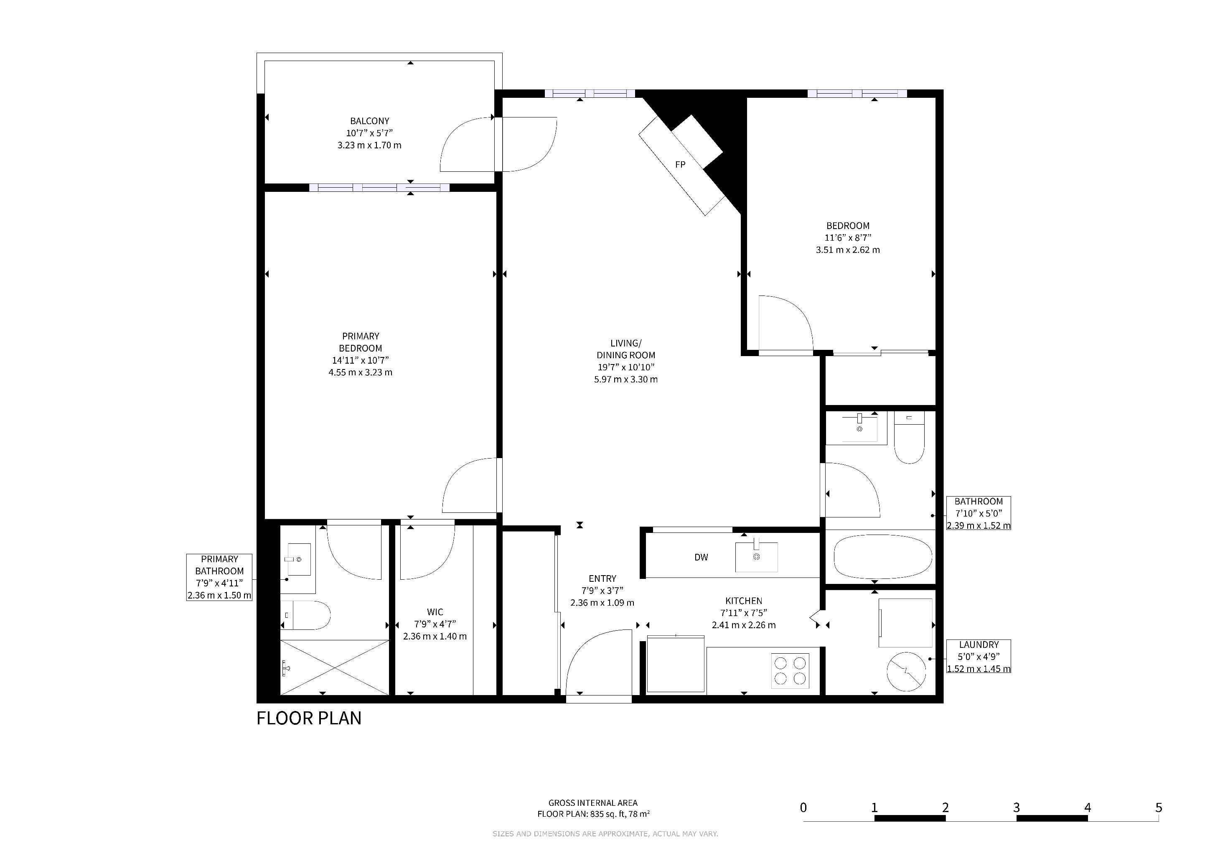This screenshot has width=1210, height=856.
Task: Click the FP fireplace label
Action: pyautogui.click(x=680, y=164)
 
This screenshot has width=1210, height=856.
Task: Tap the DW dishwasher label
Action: pyautogui.click(x=701, y=557)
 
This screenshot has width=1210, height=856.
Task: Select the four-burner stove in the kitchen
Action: pyautogui.click(x=790, y=670)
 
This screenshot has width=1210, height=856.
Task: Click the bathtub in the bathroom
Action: pyautogui.click(x=883, y=557)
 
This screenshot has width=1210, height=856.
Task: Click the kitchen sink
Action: pyautogui.click(x=756, y=557)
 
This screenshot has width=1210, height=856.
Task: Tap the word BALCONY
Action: pyautogui.click(x=369, y=121)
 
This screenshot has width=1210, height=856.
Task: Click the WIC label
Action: pyautogui.click(x=435, y=612)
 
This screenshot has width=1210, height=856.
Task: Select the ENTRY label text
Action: pyautogui.click(x=602, y=578)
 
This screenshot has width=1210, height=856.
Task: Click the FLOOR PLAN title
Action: pyautogui.click(x=309, y=718)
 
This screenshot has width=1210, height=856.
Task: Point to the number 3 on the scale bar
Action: pyautogui.click(x=1016, y=807)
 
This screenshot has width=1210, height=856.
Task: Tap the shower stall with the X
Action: pyautogui.click(x=334, y=668)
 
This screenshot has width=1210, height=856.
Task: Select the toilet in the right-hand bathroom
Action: pyautogui.click(x=909, y=438)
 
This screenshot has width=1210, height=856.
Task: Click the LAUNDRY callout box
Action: pyautogui.click(x=979, y=656)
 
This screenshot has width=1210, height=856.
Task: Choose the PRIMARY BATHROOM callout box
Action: pyautogui.click(x=219, y=577)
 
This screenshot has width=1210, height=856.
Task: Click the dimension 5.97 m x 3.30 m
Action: pyautogui.click(x=625, y=379)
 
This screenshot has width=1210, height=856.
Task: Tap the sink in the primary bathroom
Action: pyautogui.click(x=298, y=559)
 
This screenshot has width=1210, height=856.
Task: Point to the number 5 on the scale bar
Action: pyautogui.click(x=1158, y=807)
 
